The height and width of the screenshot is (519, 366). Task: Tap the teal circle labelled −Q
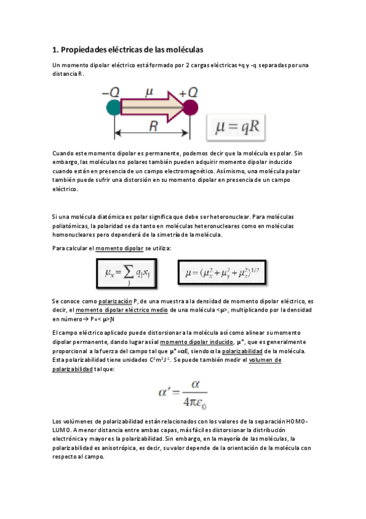tap(114, 108)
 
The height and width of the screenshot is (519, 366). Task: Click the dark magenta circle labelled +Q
tap(190, 108)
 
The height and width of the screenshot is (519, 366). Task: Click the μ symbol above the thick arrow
tap(149, 92)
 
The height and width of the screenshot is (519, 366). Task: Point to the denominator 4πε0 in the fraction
tap(191, 403)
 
